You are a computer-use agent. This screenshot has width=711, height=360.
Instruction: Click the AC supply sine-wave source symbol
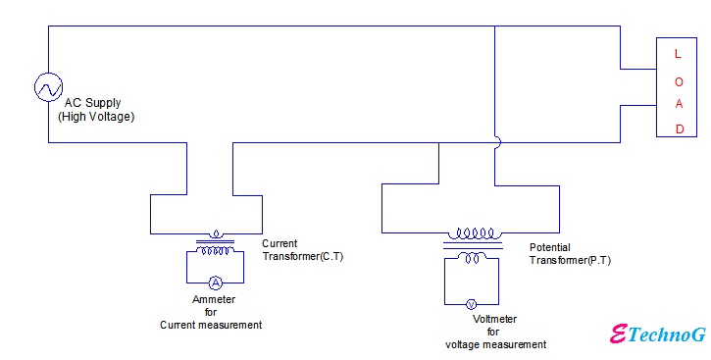point(48,88)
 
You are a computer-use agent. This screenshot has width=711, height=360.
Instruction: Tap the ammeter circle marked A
point(214,281)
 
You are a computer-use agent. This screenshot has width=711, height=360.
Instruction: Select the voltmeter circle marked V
point(470,304)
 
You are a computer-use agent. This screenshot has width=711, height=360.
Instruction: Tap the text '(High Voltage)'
point(96,117)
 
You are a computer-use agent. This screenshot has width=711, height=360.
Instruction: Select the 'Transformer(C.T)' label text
point(302,256)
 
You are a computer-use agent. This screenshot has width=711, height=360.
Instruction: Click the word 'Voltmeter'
point(494,319)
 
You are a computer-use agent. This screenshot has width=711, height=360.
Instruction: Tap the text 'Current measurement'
point(211,325)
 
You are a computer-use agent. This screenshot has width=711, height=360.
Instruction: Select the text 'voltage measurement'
point(495,344)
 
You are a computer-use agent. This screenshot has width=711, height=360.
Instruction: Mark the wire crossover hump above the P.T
point(497,142)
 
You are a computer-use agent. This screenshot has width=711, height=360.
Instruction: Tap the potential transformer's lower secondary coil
point(472,258)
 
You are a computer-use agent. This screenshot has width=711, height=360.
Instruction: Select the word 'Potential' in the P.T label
point(549,248)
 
